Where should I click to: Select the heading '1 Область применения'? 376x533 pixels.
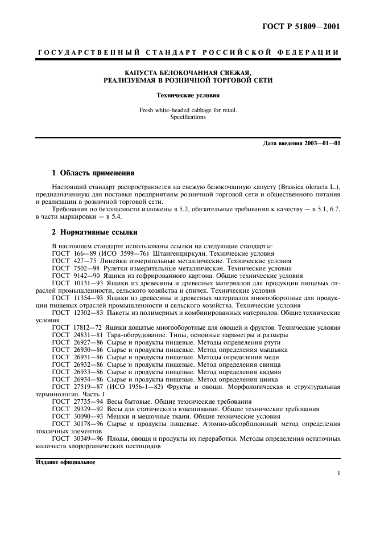[x=93, y=173]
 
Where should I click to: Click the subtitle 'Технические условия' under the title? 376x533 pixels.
[x=188, y=96]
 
